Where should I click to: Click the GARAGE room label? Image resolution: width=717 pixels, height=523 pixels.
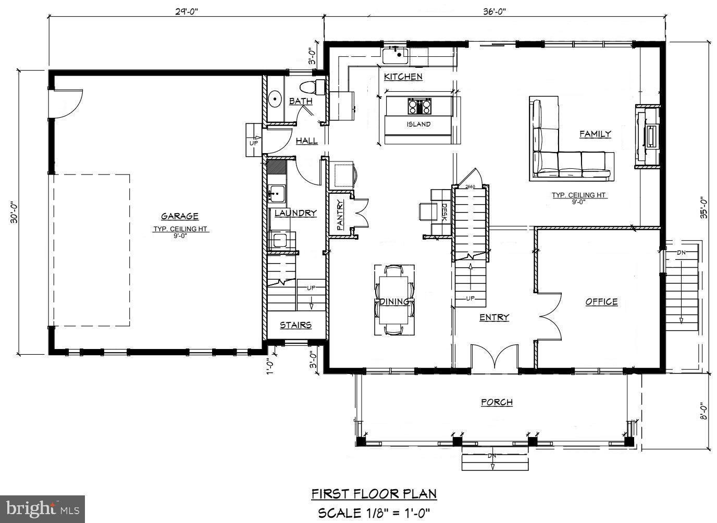point(179,216)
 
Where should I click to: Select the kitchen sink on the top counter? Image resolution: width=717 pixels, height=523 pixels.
point(395,54)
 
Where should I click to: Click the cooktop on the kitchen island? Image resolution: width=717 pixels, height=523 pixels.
point(419,106)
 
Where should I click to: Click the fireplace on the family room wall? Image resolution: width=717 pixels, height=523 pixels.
point(648,136)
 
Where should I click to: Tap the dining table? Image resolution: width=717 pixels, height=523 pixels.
point(394,301)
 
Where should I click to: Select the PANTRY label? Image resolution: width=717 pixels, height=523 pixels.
point(340,215)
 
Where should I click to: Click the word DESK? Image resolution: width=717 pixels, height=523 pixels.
point(444,212)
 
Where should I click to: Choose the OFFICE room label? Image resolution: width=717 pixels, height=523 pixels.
point(601,302)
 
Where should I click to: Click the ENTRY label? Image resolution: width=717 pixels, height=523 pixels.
point(494,317)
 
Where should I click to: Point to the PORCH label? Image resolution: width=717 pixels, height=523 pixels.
point(497,402)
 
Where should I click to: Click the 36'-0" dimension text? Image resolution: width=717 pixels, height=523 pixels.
point(495,9)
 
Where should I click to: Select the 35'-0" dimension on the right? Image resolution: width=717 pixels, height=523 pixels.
point(703,207)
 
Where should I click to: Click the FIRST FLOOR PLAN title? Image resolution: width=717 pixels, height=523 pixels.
point(374,493)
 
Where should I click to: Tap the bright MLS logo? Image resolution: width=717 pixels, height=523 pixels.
point(43,508)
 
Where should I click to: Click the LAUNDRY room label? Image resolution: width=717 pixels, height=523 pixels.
point(295,213)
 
